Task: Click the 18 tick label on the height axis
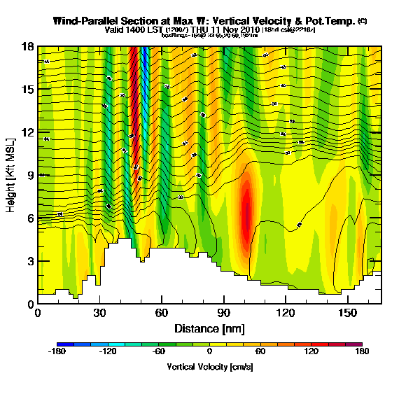[27, 46]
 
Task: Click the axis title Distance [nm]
[209, 328]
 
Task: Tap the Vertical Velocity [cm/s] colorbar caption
[209, 367]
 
